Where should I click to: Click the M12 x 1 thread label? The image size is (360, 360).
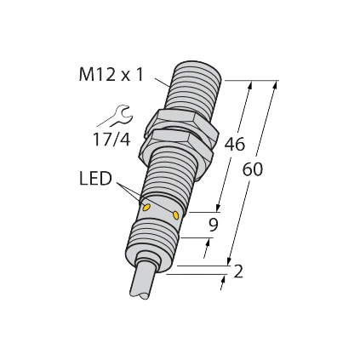click(111, 75)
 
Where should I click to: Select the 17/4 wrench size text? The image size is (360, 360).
click(111, 140)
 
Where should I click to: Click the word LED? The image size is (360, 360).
click(95, 179)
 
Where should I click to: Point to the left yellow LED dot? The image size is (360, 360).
click(146, 208)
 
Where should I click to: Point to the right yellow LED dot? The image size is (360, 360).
click(176, 215)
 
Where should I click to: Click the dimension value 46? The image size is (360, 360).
click(234, 144)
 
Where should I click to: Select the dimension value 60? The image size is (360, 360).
click(253, 169)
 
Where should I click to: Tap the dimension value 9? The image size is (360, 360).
click(213, 226)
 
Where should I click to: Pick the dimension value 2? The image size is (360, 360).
click(238, 271)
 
